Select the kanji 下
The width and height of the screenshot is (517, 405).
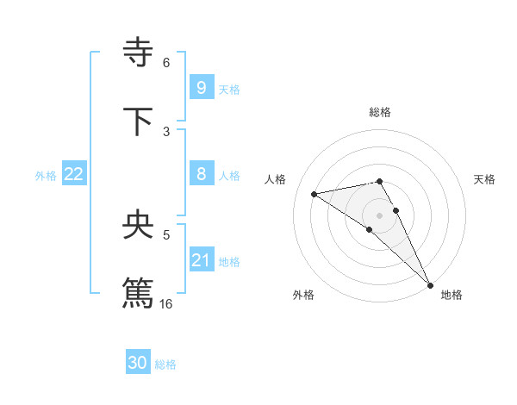pyautogui.click(x=139, y=121)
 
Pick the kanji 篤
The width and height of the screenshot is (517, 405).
pyautogui.click(x=139, y=292)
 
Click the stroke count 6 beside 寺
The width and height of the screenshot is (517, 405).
pyautogui.click(x=166, y=63)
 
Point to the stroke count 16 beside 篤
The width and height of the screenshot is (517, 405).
pyautogui.click(x=166, y=303)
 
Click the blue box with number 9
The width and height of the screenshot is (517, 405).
pyautogui.click(x=201, y=88)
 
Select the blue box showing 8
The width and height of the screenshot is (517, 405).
pyautogui.click(x=201, y=174)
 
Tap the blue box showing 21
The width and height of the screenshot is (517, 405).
pyautogui.click(x=201, y=260)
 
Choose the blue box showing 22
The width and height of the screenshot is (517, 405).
pyautogui.click(x=74, y=174)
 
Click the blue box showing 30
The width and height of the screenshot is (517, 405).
pyautogui.click(x=138, y=363)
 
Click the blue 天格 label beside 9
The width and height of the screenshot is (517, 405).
pyautogui.click(x=229, y=90)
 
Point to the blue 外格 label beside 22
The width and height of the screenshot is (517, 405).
pyautogui.click(x=46, y=176)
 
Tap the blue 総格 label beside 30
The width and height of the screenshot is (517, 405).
pyautogui.click(x=165, y=364)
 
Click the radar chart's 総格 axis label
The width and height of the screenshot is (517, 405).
pyautogui.click(x=380, y=112)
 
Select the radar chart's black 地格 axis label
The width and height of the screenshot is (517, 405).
pyautogui.click(x=452, y=295)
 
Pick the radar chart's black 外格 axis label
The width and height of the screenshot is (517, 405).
pyautogui.click(x=303, y=295)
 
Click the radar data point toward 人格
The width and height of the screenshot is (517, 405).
pyautogui.click(x=315, y=194)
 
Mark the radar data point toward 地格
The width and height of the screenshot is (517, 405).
pyautogui.click(x=431, y=285)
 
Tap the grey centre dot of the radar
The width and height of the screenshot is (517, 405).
pyautogui.click(x=380, y=215)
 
